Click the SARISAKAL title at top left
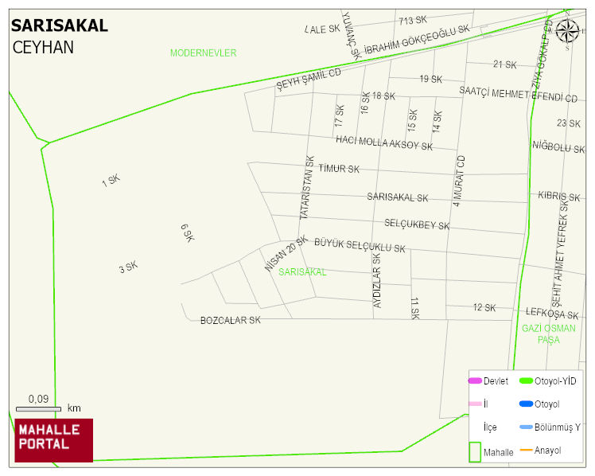(x=59, y=25)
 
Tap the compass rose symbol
(x=567, y=31)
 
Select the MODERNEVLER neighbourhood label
(x=203, y=53)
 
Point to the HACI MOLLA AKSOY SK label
(x=384, y=142)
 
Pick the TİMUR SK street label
(x=339, y=169)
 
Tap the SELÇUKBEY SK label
(x=417, y=225)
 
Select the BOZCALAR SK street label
(x=230, y=320)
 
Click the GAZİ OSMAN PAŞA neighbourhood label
(x=548, y=334)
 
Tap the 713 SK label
(x=413, y=20)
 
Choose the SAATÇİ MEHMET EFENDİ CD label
(x=518, y=94)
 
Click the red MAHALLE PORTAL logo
(x=53, y=440)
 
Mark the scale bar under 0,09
(x=38, y=409)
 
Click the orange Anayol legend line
(x=525, y=451)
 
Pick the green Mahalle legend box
(x=475, y=451)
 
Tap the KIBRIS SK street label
(x=559, y=196)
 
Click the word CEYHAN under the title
(x=43, y=47)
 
